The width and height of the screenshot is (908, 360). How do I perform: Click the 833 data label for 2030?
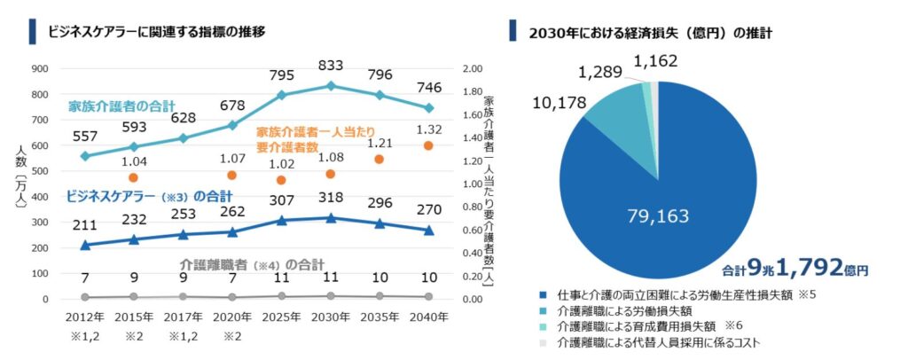click(x=331, y=65)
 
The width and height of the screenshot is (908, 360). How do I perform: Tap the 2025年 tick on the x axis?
click(x=281, y=316)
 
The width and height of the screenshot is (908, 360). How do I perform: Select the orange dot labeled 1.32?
click(x=428, y=145)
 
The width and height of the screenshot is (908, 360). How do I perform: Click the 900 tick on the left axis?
click(x=39, y=68)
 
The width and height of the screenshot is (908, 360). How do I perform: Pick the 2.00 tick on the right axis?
click(x=474, y=68)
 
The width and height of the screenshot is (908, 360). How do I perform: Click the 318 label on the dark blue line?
click(x=331, y=197)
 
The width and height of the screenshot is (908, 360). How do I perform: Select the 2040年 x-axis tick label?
click(x=428, y=316)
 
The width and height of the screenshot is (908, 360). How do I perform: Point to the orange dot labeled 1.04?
click(x=133, y=177)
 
